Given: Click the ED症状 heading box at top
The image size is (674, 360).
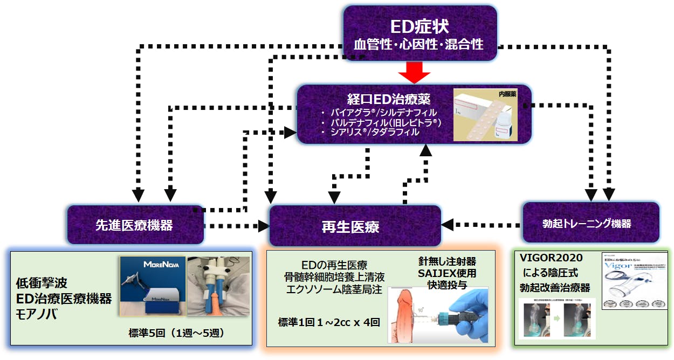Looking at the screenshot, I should pyautogui.click(x=421, y=34).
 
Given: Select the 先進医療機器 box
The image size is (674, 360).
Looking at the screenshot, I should pyautogui.click(x=135, y=224).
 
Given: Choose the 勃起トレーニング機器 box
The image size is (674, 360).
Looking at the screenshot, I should pyautogui.click(x=590, y=223).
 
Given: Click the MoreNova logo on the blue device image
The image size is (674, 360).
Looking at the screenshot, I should pyautogui.click(x=152, y=265).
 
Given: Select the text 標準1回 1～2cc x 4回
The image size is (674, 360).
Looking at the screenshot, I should pyautogui.click(x=329, y=323).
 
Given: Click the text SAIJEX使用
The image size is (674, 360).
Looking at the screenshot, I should pyautogui.click(x=447, y=273).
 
